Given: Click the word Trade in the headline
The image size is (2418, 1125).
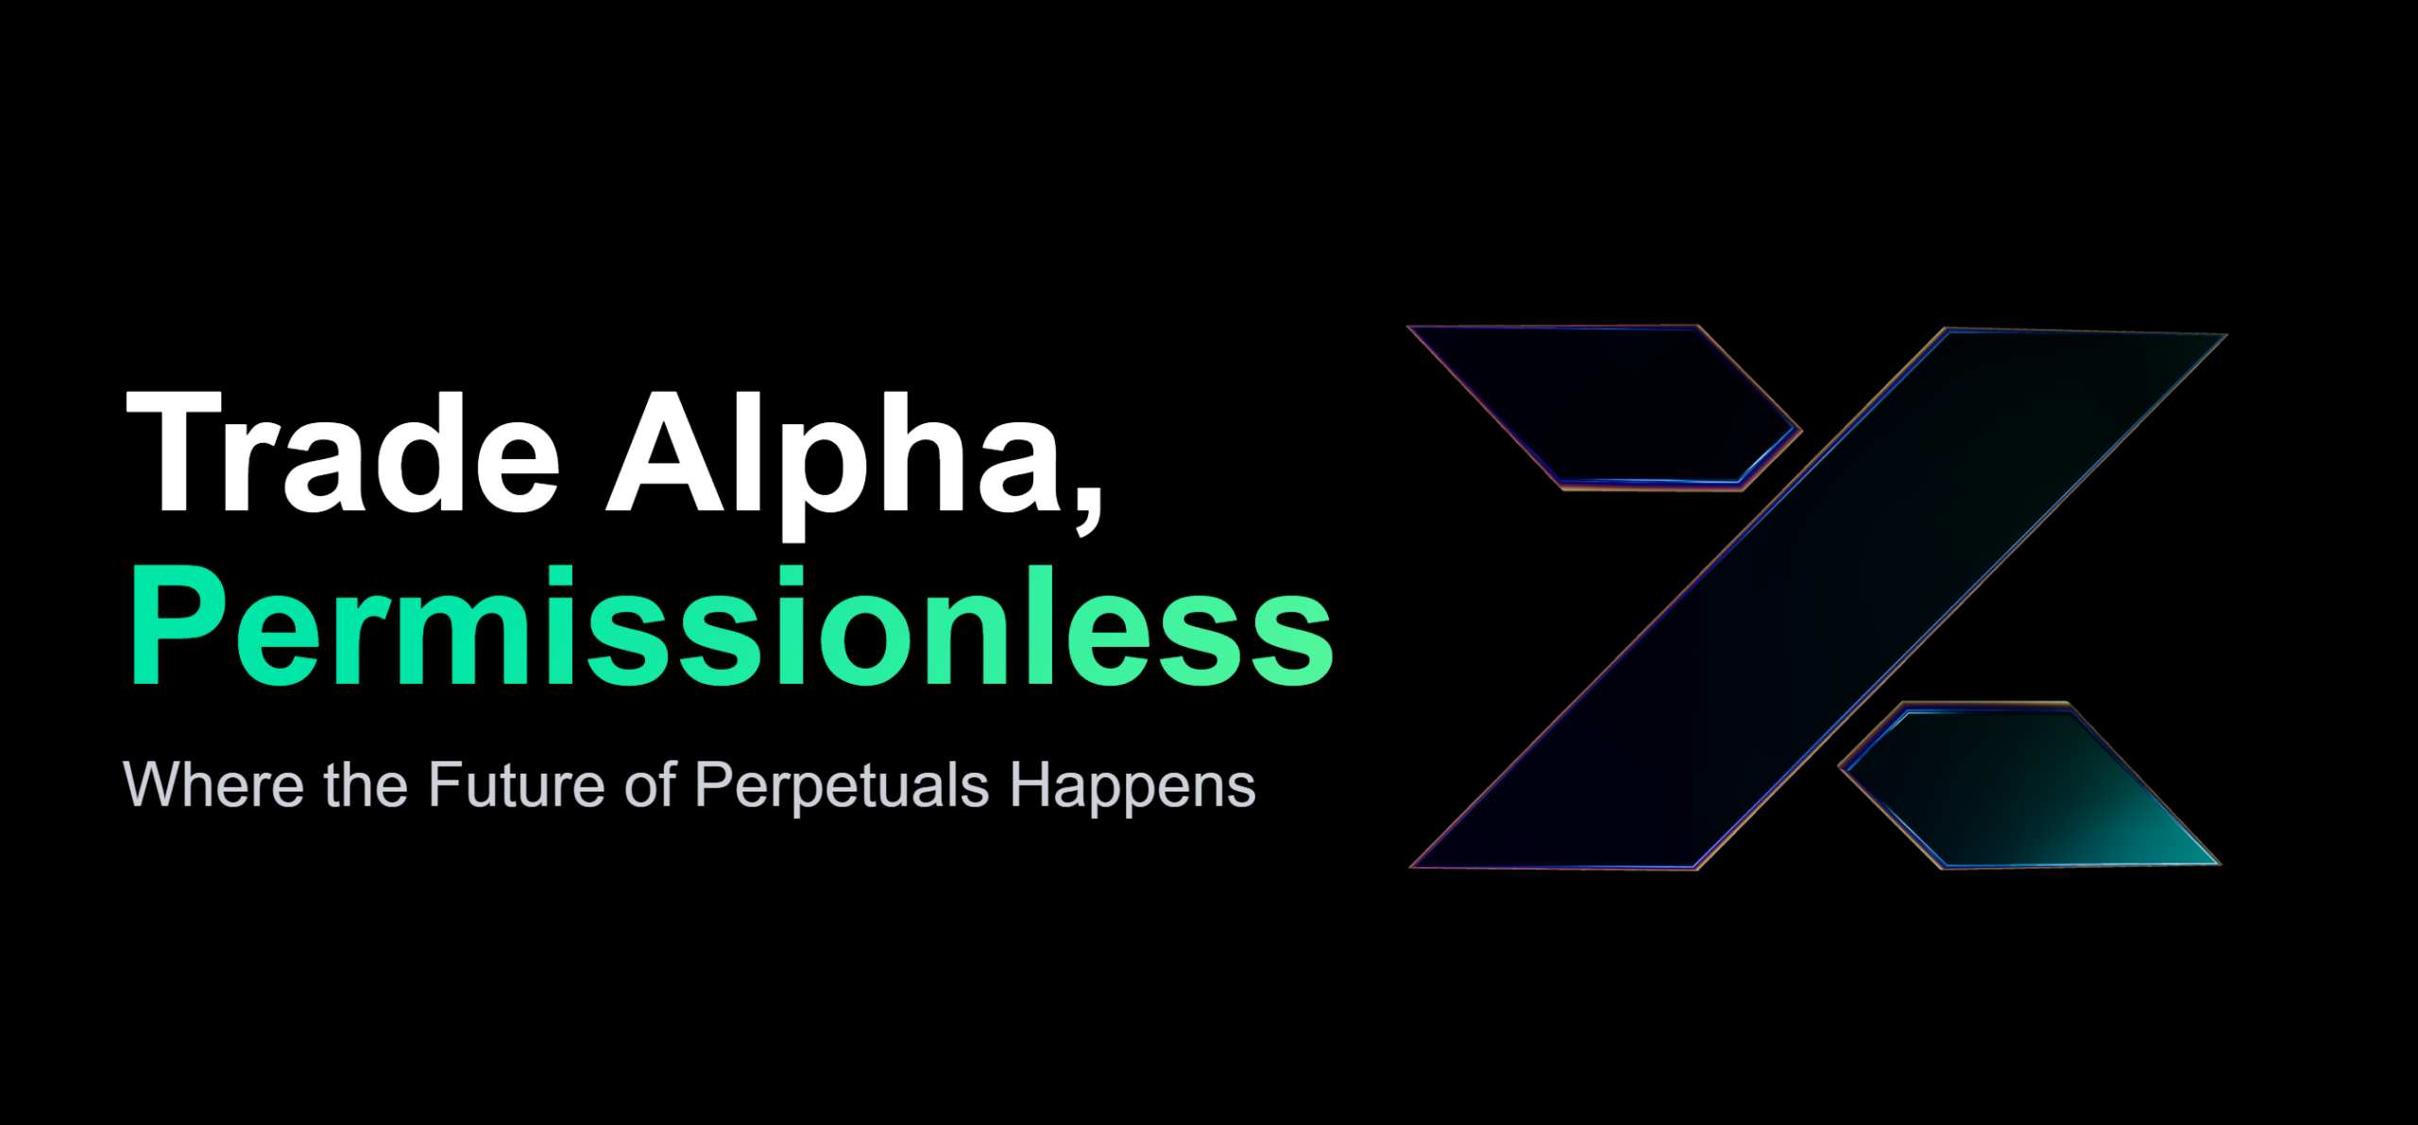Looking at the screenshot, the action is tap(344, 452).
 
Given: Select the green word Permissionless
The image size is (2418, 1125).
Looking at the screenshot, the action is tap(731, 625).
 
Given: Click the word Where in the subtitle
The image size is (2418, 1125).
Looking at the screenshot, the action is tap(213, 784).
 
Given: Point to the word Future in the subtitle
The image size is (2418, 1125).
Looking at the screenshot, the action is tap(516, 784).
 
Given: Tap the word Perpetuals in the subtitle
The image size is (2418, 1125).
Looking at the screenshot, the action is tap(842, 788).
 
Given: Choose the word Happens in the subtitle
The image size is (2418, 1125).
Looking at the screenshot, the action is tap(1132, 788).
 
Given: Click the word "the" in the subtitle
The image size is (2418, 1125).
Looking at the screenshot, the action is tap(366, 784).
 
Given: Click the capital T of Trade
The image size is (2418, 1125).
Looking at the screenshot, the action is tap(174, 452).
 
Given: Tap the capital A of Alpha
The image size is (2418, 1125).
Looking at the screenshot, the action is tap(671, 452).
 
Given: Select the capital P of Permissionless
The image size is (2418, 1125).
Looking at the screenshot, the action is tap(179, 625).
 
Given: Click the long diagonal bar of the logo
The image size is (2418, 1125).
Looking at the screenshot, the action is tap(1818, 598).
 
